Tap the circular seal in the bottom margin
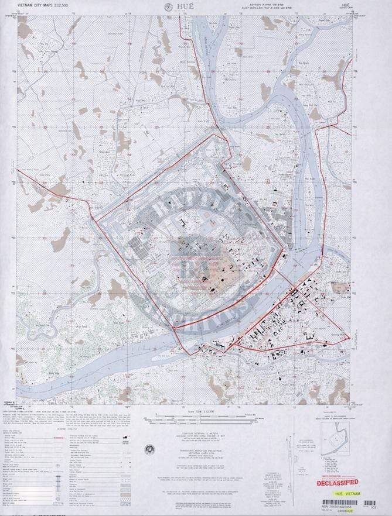point(150,449)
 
